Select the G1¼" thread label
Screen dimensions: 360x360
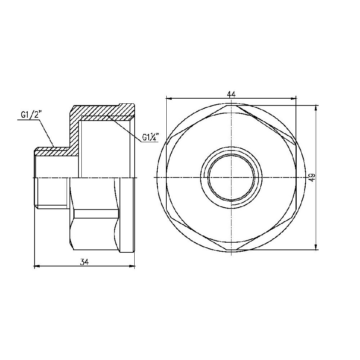coord(150,138)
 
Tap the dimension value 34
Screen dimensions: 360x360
coord(85,262)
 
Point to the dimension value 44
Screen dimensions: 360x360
coord(231,94)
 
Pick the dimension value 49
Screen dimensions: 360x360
coord(312,177)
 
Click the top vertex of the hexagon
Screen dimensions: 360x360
coord(231,105)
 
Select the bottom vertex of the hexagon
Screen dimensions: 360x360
coord(231,249)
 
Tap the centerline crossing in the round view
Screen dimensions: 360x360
coord(231,177)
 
